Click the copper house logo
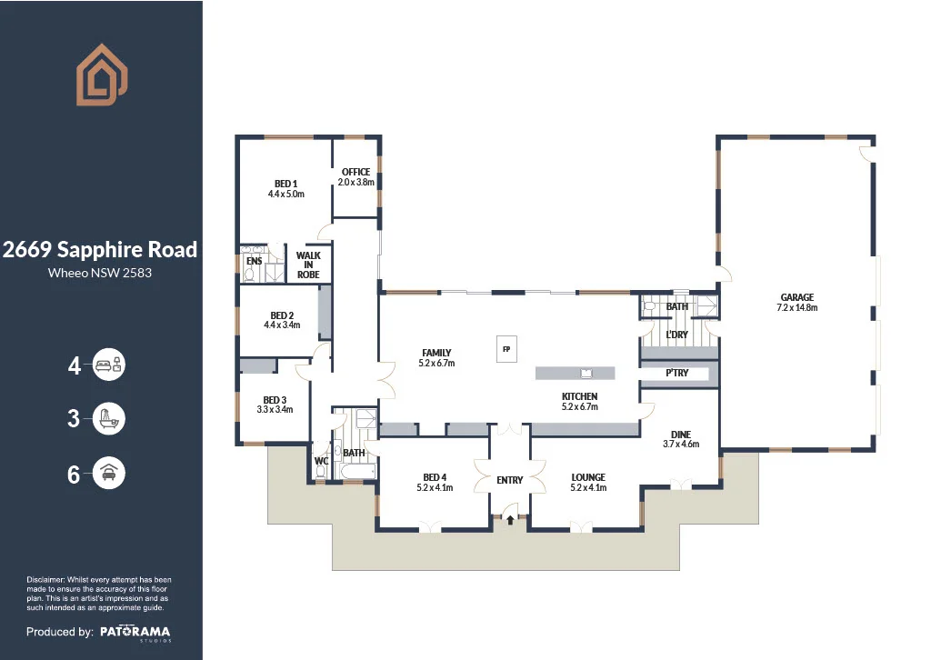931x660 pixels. [x=102, y=75]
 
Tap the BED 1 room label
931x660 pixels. [x=286, y=184]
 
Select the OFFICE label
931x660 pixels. [x=355, y=172]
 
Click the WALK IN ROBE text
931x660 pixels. [x=308, y=265]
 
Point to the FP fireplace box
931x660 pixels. [x=506, y=349]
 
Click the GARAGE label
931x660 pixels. [x=796, y=297]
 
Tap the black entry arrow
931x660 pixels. [x=510, y=520]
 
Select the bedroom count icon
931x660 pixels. [x=109, y=365]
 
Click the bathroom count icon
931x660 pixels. [x=109, y=418]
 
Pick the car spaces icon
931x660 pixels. [x=109, y=473]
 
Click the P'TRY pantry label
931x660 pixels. [x=676, y=373]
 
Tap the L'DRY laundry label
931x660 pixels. [x=676, y=335]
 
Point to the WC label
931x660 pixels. [x=321, y=461]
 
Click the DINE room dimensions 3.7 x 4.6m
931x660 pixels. [x=681, y=444]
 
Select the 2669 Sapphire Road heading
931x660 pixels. [x=100, y=250]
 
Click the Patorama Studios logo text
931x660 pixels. [x=135, y=633]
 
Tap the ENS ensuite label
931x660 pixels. [x=255, y=261]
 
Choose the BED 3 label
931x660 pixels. [x=275, y=400]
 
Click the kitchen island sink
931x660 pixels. [x=586, y=374]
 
